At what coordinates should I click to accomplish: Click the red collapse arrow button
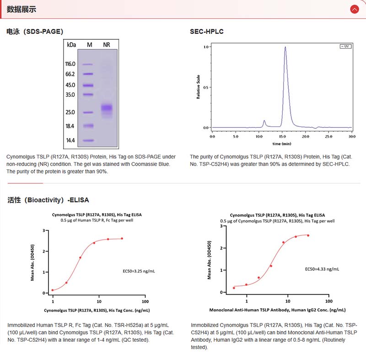click(354, 9)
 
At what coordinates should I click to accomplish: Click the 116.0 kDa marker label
click(70, 64)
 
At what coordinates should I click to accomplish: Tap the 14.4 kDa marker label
click(70, 140)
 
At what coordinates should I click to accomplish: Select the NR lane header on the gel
click(107, 44)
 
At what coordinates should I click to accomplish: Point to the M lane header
click(89, 44)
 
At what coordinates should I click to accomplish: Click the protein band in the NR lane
click(107, 108)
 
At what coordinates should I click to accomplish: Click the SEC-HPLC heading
click(207, 32)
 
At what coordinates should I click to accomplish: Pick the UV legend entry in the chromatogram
click(345, 46)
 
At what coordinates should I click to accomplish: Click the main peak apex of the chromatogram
click(285, 47)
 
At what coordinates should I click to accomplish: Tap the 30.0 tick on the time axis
click(352, 136)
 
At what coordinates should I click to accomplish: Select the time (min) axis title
click(282, 143)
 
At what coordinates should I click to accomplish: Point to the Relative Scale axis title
click(199, 87)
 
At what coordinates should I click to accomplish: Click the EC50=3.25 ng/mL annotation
click(139, 271)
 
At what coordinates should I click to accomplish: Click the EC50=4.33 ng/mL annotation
click(322, 269)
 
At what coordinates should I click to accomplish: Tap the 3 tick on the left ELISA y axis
click(43, 230)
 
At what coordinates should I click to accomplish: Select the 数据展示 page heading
click(22, 9)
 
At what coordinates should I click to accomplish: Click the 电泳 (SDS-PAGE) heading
click(35, 32)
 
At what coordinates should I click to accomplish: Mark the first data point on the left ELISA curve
click(53, 290)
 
